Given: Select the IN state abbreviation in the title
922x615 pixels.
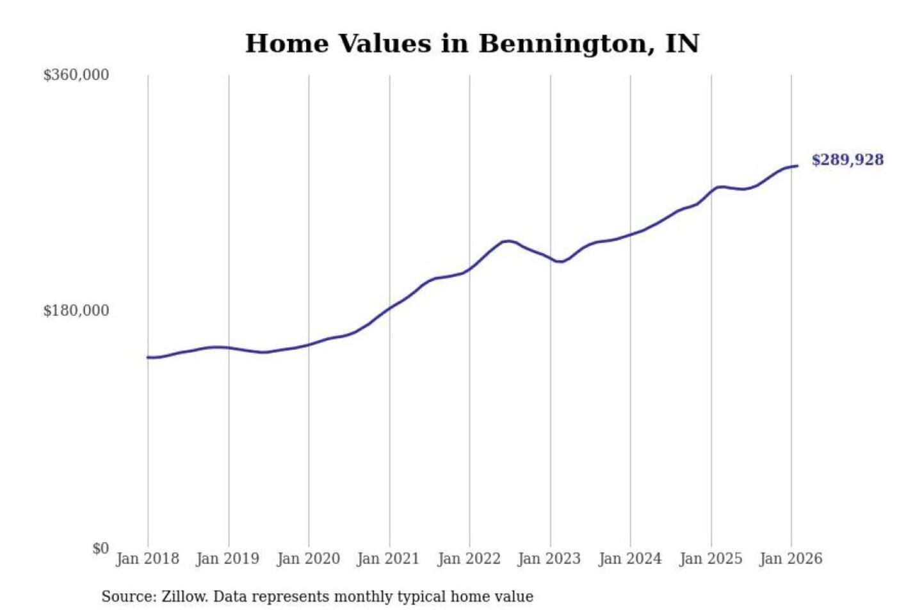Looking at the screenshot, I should pyautogui.click(x=682, y=44).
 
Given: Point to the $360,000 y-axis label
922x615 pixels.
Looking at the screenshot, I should pyautogui.click(x=76, y=75).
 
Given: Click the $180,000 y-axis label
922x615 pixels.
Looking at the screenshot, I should pyautogui.click(x=76, y=311).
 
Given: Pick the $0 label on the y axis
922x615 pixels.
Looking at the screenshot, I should pyautogui.click(x=101, y=548).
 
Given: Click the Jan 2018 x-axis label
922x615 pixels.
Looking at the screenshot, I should pyautogui.click(x=147, y=559).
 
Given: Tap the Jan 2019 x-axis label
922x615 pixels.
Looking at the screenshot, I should pyautogui.click(x=228, y=559).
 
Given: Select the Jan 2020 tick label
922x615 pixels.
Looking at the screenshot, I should pyautogui.click(x=308, y=559).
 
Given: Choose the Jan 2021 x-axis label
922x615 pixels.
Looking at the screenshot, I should pyautogui.click(x=388, y=559).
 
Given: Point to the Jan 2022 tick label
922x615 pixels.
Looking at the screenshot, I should pyautogui.click(x=469, y=559).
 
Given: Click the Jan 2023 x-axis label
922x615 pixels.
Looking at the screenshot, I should pyautogui.click(x=549, y=559).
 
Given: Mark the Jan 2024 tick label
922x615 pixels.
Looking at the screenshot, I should pyautogui.click(x=629, y=559).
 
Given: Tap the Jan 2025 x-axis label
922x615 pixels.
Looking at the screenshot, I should pyautogui.click(x=711, y=559).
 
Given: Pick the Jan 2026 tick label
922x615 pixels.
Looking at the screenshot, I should pyautogui.click(x=791, y=559).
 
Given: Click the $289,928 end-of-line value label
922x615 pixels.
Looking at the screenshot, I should pyautogui.click(x=847, y=160).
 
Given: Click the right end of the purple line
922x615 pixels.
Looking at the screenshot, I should pyautogui.click(x=797, y=166).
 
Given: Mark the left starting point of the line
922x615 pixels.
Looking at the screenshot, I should pyautogui.click(x=148, y=357).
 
